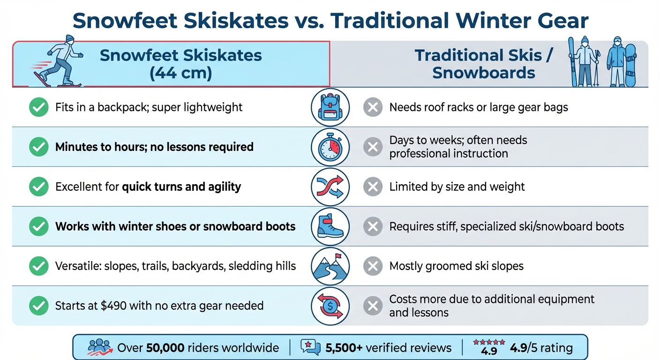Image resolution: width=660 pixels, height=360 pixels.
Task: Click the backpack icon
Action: (330, 107)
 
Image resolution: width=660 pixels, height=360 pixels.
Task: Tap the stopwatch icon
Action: (330, 147)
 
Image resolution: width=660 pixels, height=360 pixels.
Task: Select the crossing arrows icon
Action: (330, 187)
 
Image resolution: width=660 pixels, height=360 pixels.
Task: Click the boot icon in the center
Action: (330, 227)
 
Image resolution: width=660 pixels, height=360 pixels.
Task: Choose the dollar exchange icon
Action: (330, 306)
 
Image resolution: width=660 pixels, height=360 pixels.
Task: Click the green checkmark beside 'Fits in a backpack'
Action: (38, 107)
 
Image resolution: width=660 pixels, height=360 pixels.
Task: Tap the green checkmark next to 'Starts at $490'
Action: (38, 306)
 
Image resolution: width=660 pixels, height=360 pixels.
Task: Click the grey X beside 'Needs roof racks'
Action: (373, 107)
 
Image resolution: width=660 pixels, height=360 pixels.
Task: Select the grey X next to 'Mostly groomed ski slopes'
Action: (373, 267)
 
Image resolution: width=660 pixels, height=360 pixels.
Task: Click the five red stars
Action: (489, 342)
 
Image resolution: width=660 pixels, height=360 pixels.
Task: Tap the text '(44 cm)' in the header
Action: (180, 73)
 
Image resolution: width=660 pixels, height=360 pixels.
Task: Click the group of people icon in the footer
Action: (100, 347)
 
